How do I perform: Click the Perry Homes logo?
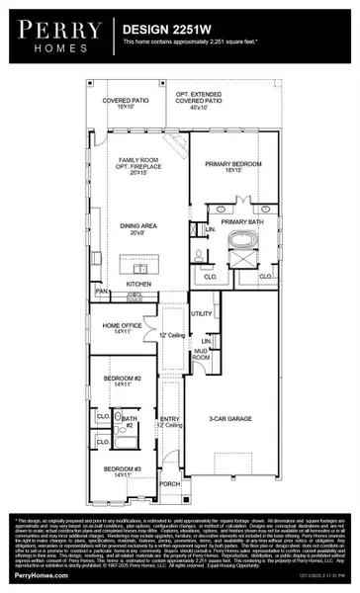point(58,37)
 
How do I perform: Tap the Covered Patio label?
point(124,101)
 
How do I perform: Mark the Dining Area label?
point(137,229)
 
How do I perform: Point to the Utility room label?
point(202,313)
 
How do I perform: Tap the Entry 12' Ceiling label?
point(170,422)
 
